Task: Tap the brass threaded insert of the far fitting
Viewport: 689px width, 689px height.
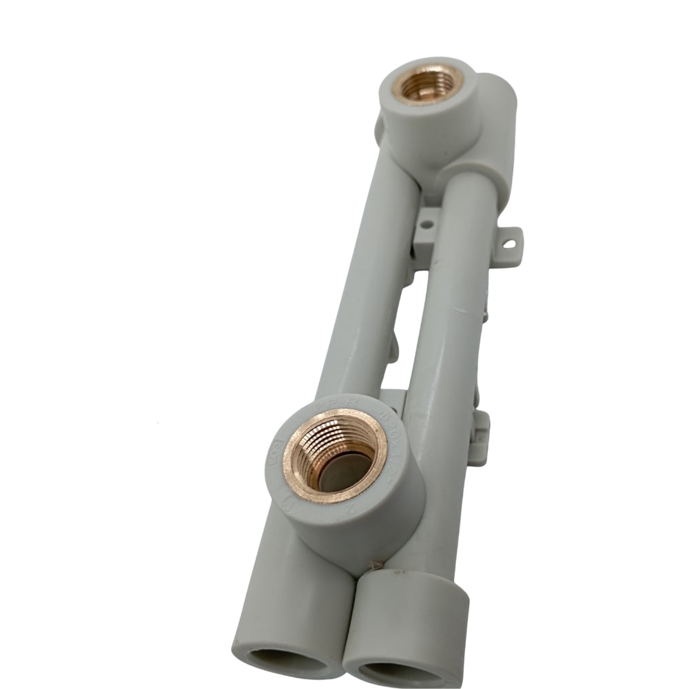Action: pos(428,83)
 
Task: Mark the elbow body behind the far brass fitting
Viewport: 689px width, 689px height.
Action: pos(493,131)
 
